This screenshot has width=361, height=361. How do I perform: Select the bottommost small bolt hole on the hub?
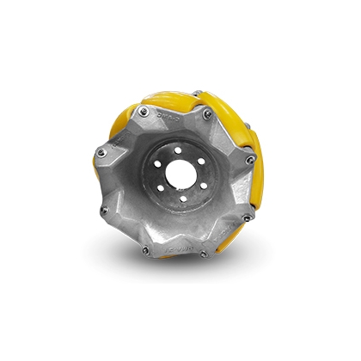[186, 199]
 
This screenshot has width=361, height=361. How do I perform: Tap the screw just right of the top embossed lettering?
[207, 112]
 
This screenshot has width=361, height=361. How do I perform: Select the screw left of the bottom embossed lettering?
[144, 249]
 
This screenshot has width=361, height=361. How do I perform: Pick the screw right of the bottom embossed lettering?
[205, 254]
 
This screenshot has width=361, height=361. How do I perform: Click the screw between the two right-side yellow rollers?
[249, 159]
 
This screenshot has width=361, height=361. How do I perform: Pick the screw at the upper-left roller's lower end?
[101, 153]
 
